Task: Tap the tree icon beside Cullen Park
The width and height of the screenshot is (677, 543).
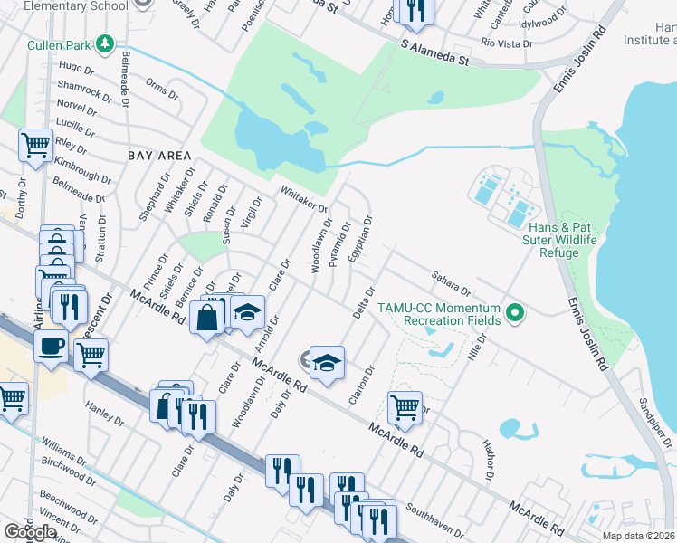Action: [105, 43]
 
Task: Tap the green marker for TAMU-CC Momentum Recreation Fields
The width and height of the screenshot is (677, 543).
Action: [516, 314]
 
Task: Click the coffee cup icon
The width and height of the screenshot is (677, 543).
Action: [51, 345]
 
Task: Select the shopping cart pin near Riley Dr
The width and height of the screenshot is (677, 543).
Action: [35, 144]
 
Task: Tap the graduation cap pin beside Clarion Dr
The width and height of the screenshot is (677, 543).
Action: [327, 361]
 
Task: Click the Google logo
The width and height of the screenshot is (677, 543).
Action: [30, 532]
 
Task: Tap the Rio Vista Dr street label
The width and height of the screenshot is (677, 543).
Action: [504, 43]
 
